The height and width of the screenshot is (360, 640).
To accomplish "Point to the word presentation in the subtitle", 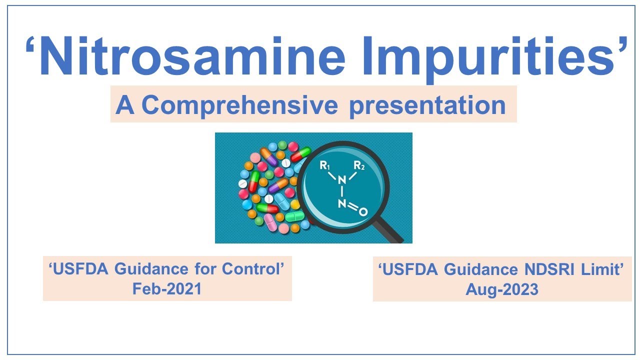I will coord(427,106).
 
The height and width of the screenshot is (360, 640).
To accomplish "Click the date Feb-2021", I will coord(167,288).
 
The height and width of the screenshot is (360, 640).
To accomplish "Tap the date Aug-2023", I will coord(502,289).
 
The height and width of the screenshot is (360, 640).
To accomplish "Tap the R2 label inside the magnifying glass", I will coord(359,165).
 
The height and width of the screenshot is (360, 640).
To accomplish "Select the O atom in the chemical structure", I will coord(363,212).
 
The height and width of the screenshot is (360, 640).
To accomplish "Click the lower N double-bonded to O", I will coord(342,204).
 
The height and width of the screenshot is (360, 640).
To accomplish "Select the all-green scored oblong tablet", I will coord(294,216).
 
